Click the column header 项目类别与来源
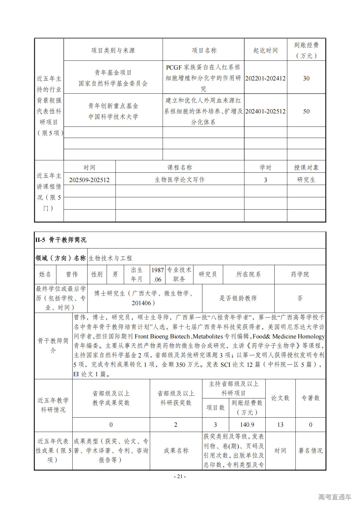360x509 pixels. [113, 50]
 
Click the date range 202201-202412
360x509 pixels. [265, 78]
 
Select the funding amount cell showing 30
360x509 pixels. [306, 78]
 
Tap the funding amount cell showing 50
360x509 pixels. [306, 111]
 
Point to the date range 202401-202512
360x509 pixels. [265, 111]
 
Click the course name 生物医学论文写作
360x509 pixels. [180, 180]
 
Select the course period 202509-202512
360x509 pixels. [89, 180]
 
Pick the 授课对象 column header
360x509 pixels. [306, 168]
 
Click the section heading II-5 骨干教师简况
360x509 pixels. [61, 240]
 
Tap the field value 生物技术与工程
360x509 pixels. [110, 258]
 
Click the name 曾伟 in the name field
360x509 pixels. [72, 274]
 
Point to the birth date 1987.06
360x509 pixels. [158, 275]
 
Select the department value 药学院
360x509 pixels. [300, 274]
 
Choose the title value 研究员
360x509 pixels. [208, 274]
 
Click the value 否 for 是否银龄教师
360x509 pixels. [300, 298]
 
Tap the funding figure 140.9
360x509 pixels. [247, 425]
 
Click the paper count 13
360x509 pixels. [280, 425]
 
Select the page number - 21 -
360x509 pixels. [180, 476]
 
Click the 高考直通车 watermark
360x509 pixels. [335, 497]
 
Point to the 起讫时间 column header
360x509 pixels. [265, 50]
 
